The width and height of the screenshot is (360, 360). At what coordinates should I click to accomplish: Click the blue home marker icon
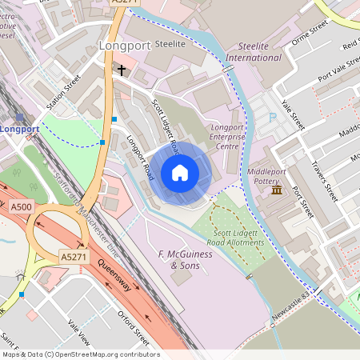(180, 172)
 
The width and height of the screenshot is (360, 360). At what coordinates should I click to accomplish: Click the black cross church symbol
(122, 70)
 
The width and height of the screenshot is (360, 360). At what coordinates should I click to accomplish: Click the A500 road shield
(22, 207)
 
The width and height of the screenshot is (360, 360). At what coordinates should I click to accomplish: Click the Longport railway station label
(19, 129)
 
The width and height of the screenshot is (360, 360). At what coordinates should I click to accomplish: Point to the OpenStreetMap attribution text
(81, 354)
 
